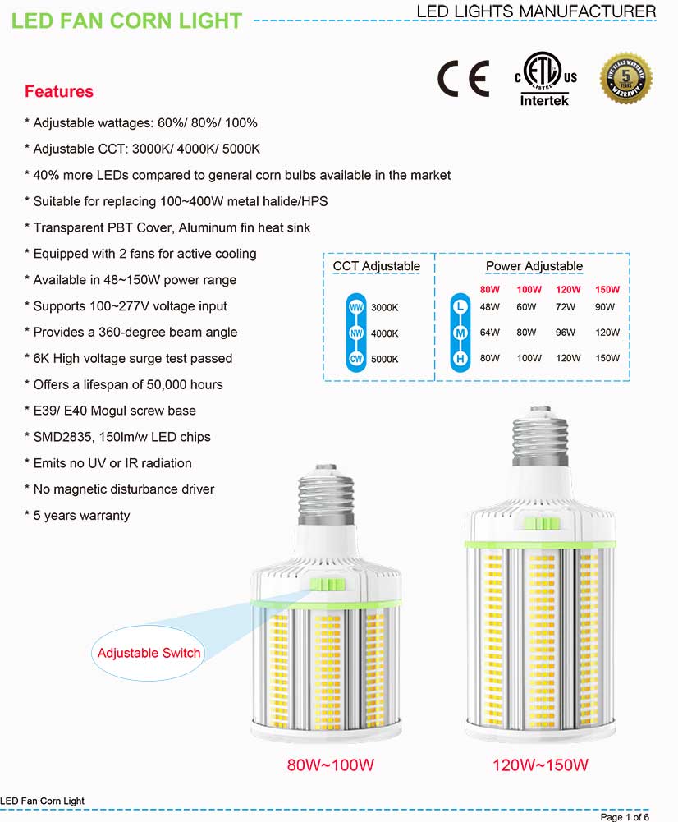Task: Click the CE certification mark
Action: [462, 78]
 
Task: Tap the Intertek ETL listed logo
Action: [545, 80]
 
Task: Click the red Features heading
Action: [59, 91]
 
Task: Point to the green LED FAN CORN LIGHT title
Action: [127, 21]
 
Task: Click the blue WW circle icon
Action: [356, 307]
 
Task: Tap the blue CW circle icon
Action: [356, 359]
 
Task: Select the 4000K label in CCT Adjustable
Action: [384, 333]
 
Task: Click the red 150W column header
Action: [607, 290]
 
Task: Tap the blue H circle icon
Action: [460, 359]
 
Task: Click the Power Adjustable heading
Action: [534, 266]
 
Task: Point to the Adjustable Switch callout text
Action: [149, 653]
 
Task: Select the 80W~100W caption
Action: [330, 765]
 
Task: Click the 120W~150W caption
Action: [540, 765]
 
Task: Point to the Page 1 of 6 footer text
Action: [625, 817]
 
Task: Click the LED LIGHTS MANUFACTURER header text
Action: [536, 11]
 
